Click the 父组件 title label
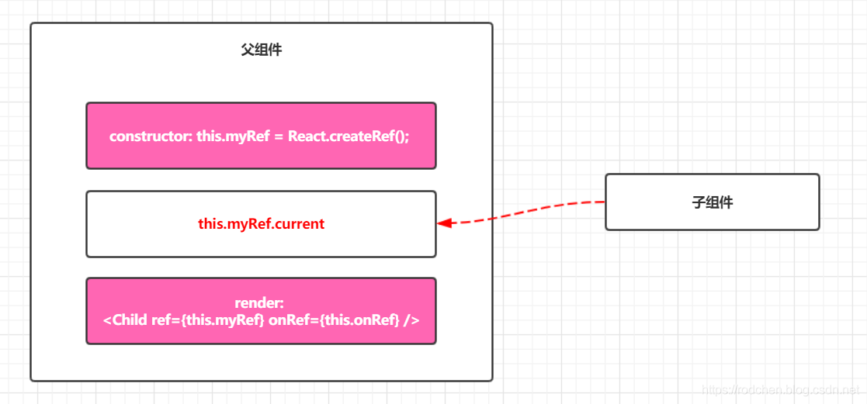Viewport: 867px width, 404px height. (261, 50)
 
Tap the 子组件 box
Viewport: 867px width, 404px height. (712, 202)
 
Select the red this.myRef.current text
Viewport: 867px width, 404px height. (261, 224)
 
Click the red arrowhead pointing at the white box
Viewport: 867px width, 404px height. (444, 223)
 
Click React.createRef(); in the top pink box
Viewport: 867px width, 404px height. (349, 136)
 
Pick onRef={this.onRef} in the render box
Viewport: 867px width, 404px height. (334, 319)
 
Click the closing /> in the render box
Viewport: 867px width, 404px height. (411, 319)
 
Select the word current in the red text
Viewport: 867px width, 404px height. (299, 224)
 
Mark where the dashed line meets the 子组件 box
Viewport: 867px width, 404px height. (605, 202)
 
